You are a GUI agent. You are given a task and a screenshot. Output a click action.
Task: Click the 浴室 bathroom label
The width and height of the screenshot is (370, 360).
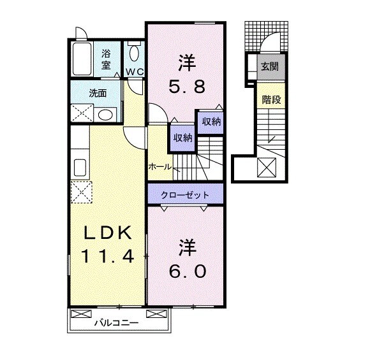[x=106, y=59]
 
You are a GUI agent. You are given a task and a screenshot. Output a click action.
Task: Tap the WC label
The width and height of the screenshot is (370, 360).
[x=135, y=71]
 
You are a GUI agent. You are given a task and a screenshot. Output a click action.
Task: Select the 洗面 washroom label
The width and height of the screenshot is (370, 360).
[x=98, y=93]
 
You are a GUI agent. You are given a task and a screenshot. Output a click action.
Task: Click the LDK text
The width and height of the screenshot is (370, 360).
[x=107, y=233]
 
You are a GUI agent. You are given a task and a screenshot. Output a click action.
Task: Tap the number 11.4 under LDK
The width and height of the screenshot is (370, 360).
[x=107, y=257]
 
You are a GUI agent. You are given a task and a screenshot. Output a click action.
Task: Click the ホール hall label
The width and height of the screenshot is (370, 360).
[x=159, y=167]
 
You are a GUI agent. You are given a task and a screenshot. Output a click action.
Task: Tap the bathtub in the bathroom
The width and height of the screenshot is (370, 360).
[x=82, y=59]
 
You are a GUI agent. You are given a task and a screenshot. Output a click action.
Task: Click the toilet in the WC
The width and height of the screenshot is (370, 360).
[x=135, y=53]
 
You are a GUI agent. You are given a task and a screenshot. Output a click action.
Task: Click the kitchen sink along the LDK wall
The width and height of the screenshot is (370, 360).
[x=80, y=168]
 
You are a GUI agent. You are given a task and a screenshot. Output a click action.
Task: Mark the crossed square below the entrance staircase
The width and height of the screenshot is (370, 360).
[x=266, y=168]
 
